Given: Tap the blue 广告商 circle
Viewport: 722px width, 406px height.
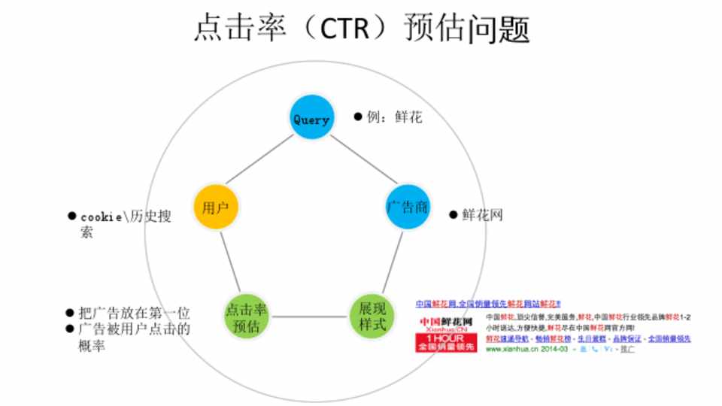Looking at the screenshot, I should click(x=407, y=207).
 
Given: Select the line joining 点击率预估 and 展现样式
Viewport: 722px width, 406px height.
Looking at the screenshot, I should click(x=309, y=317).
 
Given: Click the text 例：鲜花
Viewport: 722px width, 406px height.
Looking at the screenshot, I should click(x=394, y=117).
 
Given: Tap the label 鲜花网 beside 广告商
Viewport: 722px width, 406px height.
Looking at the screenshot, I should click(x=482, y=215).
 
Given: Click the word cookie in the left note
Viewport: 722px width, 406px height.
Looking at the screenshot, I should click(x=102, y=217).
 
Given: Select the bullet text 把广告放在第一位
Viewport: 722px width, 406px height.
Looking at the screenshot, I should click(x=135, y=313).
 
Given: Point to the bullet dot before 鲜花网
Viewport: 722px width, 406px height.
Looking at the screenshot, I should click(x=454, y=215).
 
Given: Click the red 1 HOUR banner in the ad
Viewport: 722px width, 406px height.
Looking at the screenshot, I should click(x=445, y=343).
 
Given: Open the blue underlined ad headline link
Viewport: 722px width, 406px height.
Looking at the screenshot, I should click(x=488, y=304).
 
